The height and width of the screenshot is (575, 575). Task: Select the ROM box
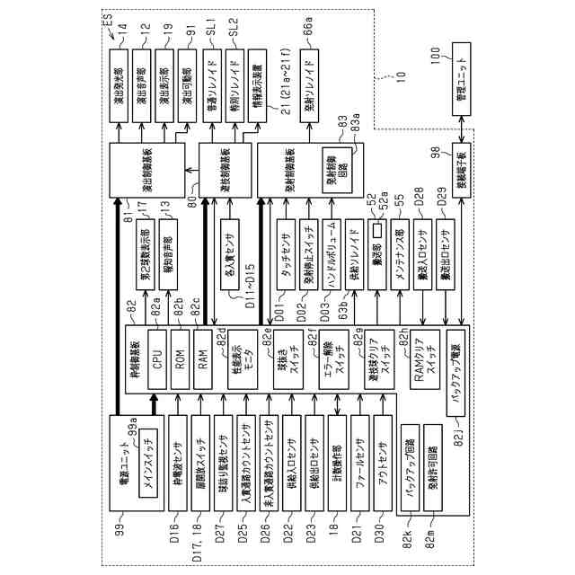coord(180,362)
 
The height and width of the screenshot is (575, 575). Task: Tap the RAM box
coord(202,362)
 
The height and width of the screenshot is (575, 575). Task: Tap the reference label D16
coord(176,533)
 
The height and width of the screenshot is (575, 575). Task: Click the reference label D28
coord(419,217)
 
